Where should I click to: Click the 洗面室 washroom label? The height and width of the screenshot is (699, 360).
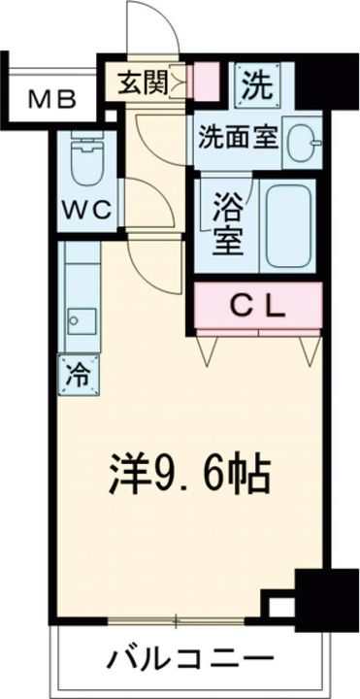click(239, 136)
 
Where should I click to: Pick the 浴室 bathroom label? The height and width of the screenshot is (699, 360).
click(227, 224)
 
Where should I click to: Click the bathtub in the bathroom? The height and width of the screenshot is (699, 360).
click(288, 226)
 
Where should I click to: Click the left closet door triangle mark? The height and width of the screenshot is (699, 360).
click(207, 349)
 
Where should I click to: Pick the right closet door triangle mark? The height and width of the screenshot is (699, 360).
click(308, 349)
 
